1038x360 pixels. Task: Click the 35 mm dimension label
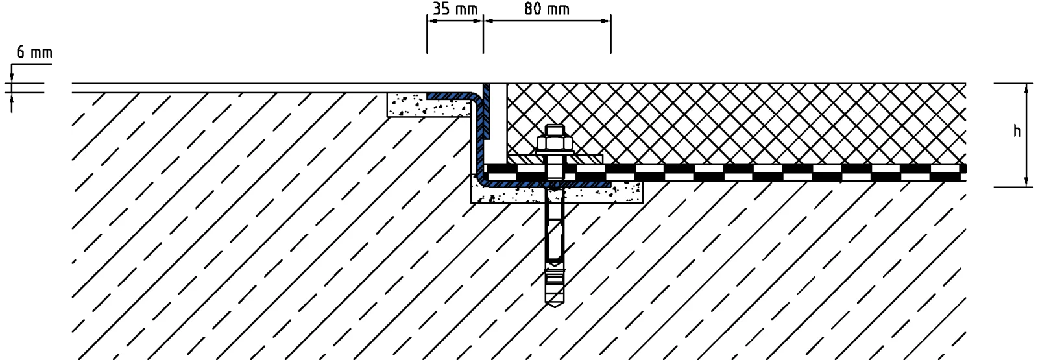pos(455,9)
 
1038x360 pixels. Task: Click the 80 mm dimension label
pos(547,9)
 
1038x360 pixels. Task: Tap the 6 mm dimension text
pos(34,53)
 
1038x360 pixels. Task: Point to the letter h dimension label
pos(1017,131)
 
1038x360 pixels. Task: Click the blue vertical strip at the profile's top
pos(486,110)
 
